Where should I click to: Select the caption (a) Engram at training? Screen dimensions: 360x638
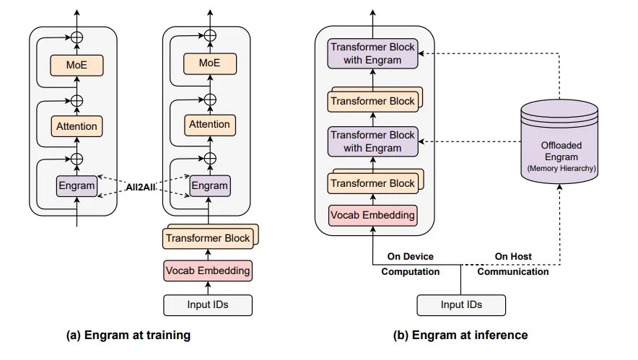point(128,335)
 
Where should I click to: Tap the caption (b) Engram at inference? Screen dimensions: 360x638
point(460,335)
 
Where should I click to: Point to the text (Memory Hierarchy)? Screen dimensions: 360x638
point(561,167)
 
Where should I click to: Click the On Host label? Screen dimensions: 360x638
point(513,256)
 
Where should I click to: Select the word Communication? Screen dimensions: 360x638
point(513,272)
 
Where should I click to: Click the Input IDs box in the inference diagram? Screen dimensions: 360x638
point(462,305)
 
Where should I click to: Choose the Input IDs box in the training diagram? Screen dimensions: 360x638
point(208,305)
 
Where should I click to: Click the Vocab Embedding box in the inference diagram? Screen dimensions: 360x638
point(372,214)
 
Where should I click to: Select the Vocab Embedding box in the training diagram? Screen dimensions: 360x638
point(208,271)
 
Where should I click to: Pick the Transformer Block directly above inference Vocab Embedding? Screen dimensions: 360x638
point(372,183)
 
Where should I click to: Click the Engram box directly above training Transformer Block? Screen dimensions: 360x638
point(210,185)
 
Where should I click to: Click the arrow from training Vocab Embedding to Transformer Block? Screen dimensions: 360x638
point(208,253)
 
